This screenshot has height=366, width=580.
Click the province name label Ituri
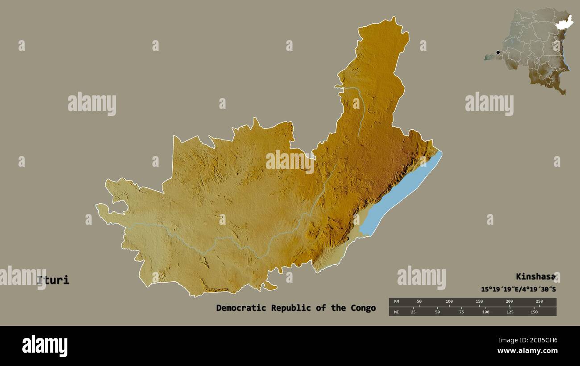[54, 280]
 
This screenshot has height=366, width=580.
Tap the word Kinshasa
[535, 277]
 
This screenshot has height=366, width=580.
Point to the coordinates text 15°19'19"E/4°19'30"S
[518, 289]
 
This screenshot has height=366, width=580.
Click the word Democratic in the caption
[236, 308]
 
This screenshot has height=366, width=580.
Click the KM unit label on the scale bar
[395, 302]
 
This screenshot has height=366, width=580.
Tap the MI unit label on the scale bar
[395, 312]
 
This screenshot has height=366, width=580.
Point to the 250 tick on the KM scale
[539, 302]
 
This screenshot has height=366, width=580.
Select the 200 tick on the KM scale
[509, 302]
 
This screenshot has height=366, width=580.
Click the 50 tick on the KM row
[419, 302]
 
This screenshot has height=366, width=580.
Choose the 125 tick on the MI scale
[510, 312]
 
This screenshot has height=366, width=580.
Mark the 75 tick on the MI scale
[461, 312]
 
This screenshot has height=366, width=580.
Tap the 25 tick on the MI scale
[413, 312]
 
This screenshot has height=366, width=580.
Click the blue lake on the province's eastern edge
[397, 196]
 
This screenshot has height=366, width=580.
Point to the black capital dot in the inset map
[498, 53]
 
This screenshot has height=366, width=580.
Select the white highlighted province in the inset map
[564, 23]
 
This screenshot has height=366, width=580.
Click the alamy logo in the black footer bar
[45, 346]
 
